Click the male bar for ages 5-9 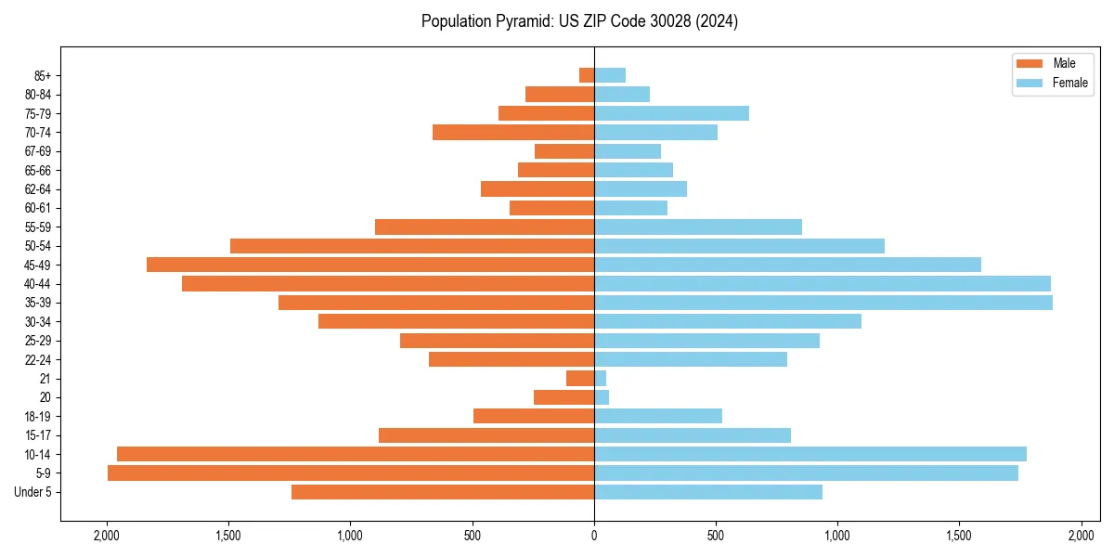click(351, 473)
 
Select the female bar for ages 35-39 click(823, 303)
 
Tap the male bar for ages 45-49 click(370, 265)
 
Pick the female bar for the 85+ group click(610, 75)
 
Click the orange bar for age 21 click(580, 379)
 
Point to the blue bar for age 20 click(602, 397)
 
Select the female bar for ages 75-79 click(671, 113)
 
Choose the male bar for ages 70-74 click(513, 133)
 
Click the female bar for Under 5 click(708, 492)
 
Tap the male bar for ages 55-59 click(485, 227)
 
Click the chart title click(579, 21)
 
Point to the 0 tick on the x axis click(594, 536)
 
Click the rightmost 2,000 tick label click(1081, 536)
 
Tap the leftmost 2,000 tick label click(107, 536)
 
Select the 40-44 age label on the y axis click(38, 284)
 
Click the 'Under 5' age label click(33, 492)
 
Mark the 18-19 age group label click(38, 417)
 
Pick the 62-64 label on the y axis click(38, 189)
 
